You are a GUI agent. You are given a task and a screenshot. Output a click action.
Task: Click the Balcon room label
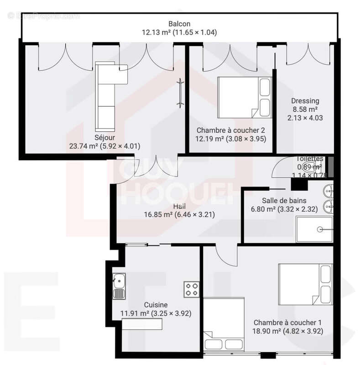tap(179, 24)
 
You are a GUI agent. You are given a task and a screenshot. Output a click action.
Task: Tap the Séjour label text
tap(104, 137)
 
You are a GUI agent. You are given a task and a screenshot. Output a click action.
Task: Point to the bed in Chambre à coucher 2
tap(244, 96)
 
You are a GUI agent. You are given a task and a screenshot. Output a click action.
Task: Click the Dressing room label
tap(305, 101)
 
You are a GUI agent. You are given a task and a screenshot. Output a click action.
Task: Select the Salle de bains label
tap(284, 200)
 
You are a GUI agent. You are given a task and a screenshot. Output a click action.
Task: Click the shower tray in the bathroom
tap(314, 229)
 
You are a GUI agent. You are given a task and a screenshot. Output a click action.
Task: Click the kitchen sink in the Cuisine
tap(119, 286)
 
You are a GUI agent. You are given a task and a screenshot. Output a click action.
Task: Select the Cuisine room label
tap(156, 305)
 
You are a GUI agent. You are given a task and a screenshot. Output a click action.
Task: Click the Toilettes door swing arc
tap(281, 169)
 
